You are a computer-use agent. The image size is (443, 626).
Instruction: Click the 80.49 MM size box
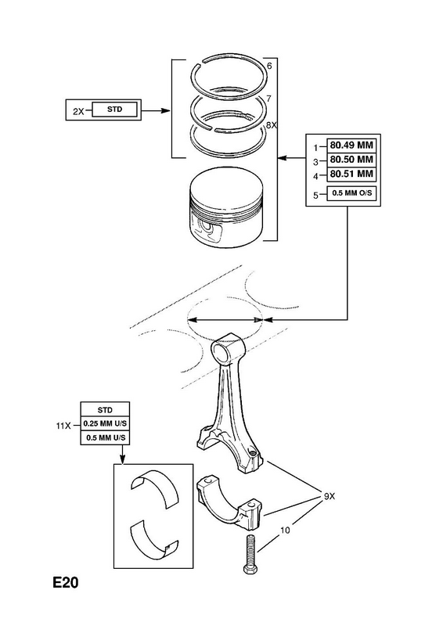351,146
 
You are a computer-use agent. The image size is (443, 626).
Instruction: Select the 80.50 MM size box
351,160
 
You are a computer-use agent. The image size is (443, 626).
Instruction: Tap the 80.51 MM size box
351,174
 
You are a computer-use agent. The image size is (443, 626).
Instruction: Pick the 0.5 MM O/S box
351,193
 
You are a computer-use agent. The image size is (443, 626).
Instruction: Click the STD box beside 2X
114,109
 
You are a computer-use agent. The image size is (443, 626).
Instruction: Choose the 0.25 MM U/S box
105,423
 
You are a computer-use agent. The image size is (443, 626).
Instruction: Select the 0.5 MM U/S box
105,437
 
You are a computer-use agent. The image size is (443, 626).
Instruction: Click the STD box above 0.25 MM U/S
105,409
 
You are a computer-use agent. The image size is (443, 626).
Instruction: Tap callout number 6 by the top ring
269,67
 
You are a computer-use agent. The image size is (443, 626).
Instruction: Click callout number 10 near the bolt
285,531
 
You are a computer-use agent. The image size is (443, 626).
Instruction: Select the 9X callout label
330,497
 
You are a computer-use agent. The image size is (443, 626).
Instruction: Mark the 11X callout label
63,426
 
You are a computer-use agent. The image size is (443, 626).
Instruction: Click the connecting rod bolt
249,554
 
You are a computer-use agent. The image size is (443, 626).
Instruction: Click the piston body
226,210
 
